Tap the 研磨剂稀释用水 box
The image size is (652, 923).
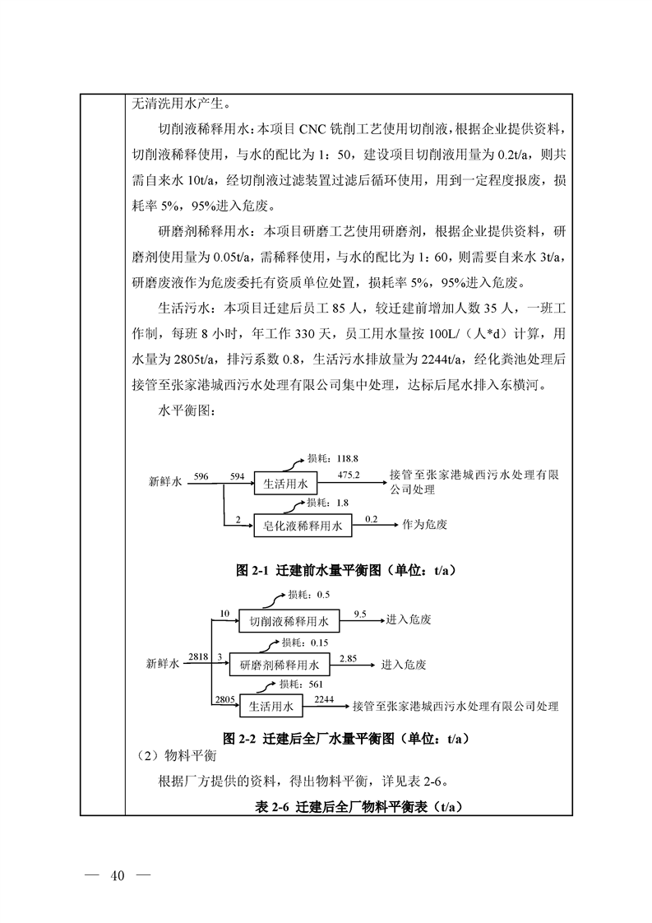click(280, 663)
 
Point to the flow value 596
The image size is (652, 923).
click(202, 476)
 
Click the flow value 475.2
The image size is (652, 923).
click(350, 476)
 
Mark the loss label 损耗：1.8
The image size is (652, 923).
click(317, 502)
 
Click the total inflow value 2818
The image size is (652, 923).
click(197, 656)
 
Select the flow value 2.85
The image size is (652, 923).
click(348, 658)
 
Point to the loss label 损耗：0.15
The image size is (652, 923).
click(305, 642)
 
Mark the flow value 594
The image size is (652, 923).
click(238, 476)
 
